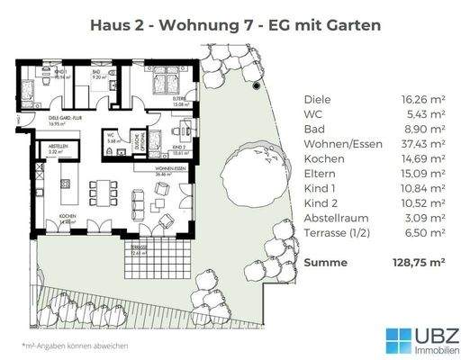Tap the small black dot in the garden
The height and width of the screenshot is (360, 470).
click(x=257, y=86)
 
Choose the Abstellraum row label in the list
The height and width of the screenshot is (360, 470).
click(x=333, y=217)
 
